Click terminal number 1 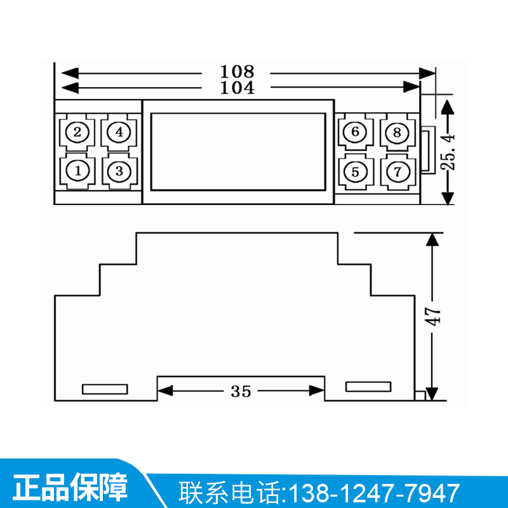click(77, 170)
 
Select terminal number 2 click(77, 132)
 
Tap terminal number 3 click(119, 170)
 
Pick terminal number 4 click(119, 132)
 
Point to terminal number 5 click(356, 171)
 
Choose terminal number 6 click(356, 132)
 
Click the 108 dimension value click(237, 71)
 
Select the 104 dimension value click(237, 88)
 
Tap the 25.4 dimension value click(449, 151)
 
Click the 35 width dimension click(241, 391)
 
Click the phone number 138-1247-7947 click(375, 492)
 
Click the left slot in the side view click(105, 389)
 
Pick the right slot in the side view click(368, 386)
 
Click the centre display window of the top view click(238, 151)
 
